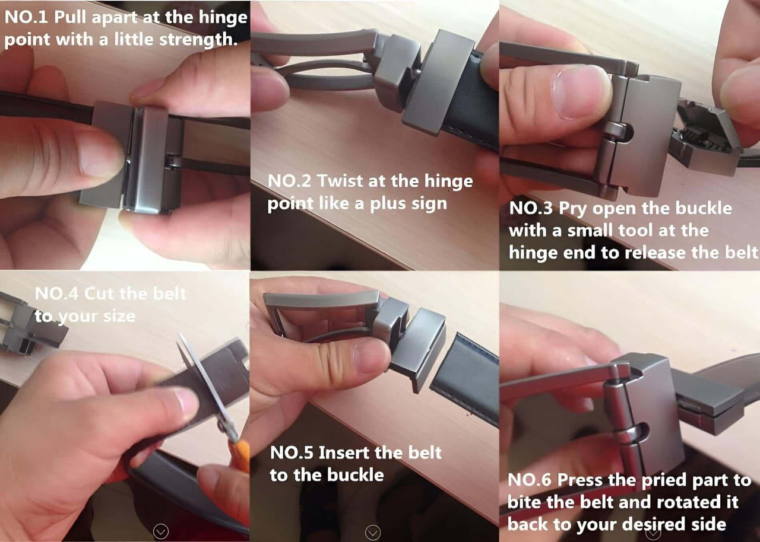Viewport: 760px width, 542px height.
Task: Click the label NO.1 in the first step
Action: point(26,17)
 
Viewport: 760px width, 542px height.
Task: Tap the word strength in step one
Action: point(198,40)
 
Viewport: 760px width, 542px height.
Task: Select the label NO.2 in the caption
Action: point(289,181)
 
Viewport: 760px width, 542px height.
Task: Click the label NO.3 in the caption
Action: point(531,209)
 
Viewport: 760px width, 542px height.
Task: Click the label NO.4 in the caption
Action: point(56,294)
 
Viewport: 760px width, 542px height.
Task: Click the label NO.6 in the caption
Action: point(530,480)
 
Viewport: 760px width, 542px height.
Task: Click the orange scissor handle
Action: point(239,455)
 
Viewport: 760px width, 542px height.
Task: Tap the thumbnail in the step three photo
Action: point(579,91)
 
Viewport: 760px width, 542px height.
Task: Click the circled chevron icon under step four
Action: point(161,531)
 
